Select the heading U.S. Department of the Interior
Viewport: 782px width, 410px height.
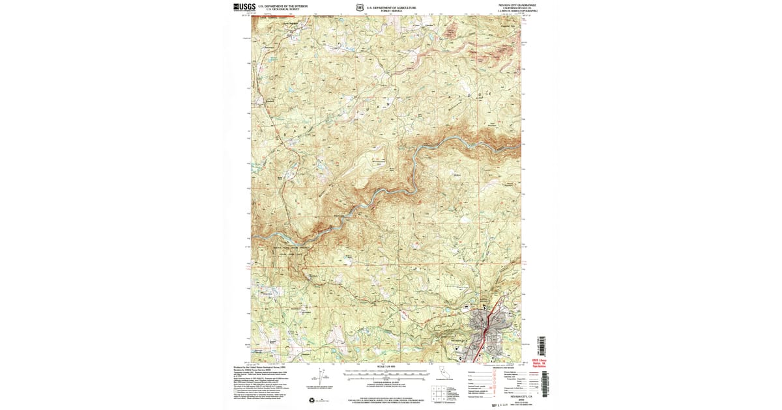coord(278,6)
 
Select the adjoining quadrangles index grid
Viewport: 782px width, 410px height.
coord(439,393)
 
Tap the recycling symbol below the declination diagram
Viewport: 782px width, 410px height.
coord(311,400)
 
